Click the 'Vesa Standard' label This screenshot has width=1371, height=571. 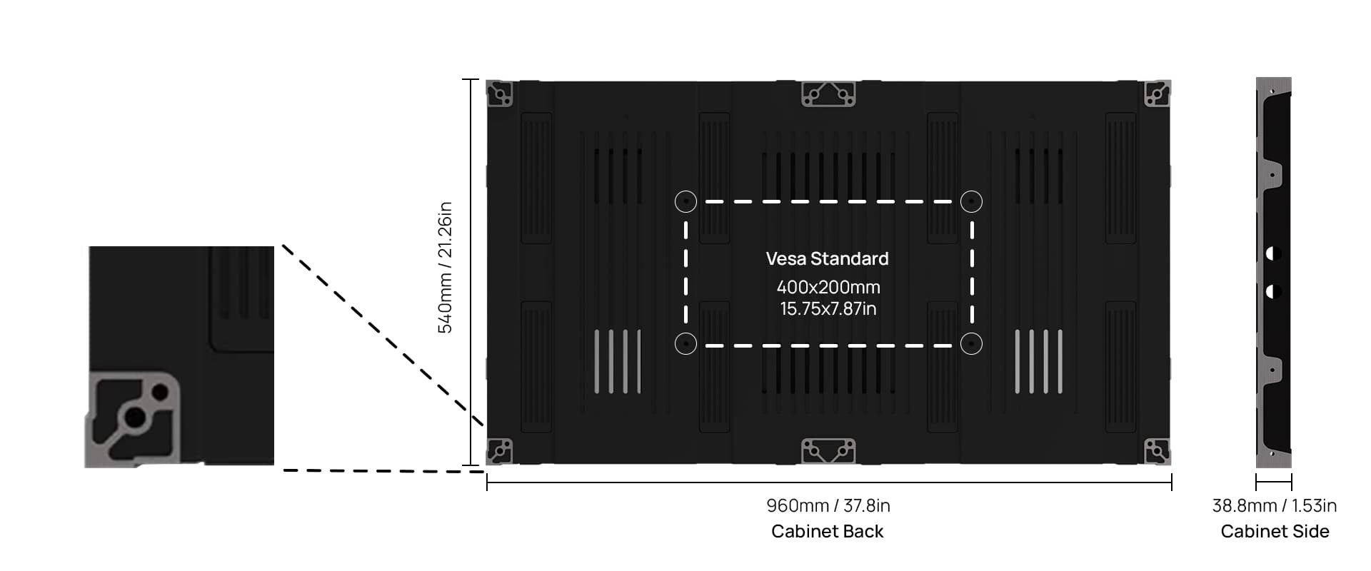pos(827,258)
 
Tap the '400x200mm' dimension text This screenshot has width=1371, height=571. pos(828,287)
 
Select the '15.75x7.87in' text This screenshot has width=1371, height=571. pos(828,309)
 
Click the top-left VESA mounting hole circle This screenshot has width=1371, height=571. pos(685,202)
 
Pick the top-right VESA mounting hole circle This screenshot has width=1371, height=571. pos(971,202)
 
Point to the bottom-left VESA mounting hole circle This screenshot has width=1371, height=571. pos(685,344)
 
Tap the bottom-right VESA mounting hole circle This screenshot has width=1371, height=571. pos(971,344)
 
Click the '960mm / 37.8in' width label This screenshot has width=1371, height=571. pos(828,505)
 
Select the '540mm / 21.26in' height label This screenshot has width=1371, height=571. pos(445,268)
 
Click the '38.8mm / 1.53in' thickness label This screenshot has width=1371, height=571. pos(1274,505)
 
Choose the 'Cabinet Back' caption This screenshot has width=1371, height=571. pos(827,531)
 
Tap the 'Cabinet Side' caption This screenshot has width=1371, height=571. pos(1274,531)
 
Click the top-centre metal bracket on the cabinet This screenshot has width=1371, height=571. pos(828,94)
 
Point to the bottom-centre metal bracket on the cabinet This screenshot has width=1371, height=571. pos(828,451)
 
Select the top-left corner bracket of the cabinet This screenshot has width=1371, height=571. pos(500,94)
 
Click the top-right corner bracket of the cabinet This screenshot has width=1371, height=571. pos(1157,94)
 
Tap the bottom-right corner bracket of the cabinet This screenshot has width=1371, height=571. pos(1157,451)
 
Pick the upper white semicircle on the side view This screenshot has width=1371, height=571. pos(1273,253)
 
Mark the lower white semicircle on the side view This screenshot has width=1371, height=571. pos(1273,291)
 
